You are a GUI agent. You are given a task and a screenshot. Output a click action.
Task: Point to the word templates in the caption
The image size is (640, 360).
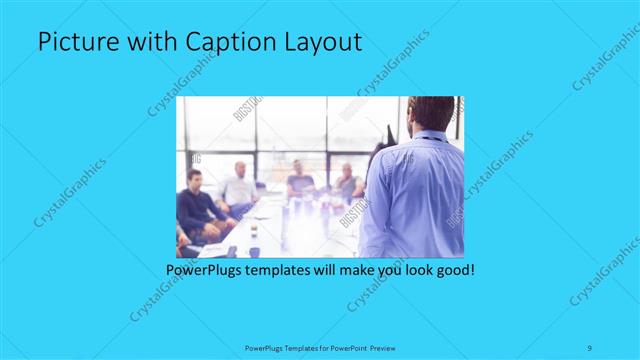(291, 270)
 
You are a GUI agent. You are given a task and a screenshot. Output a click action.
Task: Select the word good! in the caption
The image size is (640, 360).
(451, 270)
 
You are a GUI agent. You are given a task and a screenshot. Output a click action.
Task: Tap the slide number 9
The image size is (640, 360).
(591, 347)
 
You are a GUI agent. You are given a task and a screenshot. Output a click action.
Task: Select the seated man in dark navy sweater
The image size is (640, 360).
(195, 205)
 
